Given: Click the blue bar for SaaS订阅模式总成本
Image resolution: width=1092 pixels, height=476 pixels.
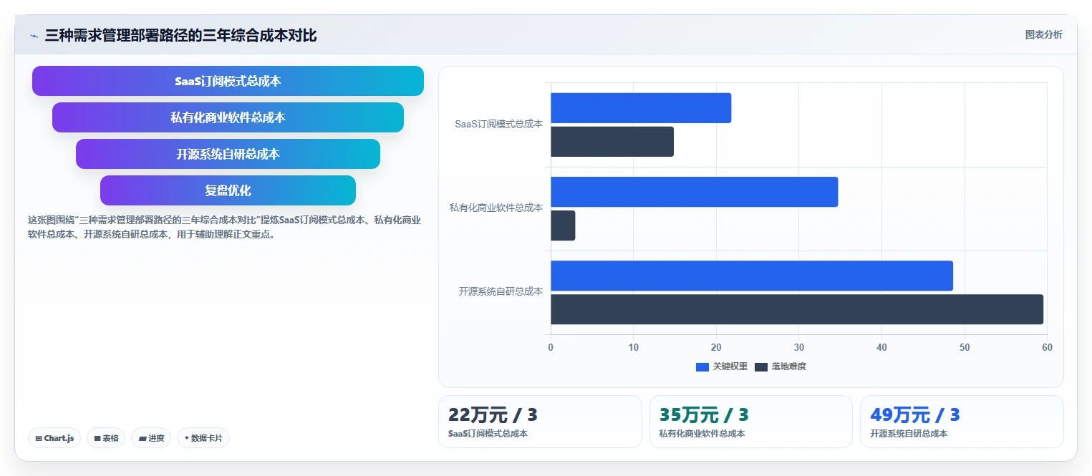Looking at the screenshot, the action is click(641, 107).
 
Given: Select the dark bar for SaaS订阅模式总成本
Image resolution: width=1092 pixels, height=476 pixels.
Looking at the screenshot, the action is click(612, 142).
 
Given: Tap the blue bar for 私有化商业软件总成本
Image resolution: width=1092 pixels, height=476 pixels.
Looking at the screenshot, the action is click(694, 192).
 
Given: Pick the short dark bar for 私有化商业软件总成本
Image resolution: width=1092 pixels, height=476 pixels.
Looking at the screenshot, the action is click(563, 225).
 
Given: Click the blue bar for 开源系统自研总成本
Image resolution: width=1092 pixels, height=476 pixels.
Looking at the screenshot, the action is click(752, 276).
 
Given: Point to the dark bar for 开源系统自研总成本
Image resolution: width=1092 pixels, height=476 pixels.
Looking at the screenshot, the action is click(797, 309).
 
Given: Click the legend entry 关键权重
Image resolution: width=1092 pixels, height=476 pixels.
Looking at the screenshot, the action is click(722, 366).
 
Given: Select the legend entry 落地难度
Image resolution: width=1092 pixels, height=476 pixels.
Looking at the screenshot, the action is click(781, 366).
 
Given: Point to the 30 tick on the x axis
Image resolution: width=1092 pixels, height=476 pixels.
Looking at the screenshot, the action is click(798, 347).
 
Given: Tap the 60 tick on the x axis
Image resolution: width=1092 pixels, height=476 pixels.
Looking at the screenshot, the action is click(1047, 347).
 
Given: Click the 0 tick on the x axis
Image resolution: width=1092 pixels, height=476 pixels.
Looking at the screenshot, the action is click(551, 347).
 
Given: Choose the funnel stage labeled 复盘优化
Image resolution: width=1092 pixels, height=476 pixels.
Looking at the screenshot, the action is click(228, 190).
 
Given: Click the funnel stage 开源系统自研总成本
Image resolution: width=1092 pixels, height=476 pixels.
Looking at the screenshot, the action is click(228, 154).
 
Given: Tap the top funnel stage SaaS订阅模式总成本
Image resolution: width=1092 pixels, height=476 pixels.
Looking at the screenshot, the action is click(228, 81).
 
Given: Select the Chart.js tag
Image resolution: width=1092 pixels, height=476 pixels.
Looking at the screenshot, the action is click(54, 438).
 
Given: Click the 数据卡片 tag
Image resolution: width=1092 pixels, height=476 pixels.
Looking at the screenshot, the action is click(203, 438).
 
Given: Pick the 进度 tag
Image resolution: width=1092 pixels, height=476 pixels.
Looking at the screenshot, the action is click(151, 438).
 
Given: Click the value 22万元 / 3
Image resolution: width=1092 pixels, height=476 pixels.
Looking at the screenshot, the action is click(493, 415).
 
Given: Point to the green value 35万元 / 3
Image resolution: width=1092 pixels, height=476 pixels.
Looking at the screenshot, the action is click(704, 415).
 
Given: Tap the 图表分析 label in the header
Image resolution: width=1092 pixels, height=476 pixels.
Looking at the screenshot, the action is click(1044, 34).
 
